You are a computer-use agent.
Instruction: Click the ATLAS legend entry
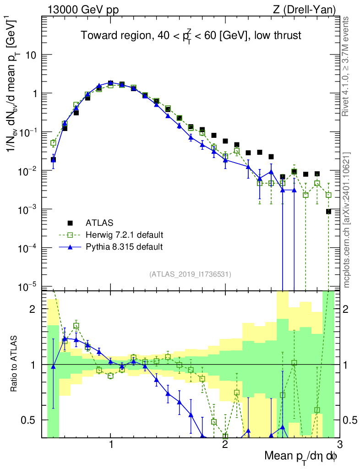click(x=98, y=223)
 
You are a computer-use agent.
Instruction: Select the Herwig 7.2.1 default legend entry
click(x=124, y=235)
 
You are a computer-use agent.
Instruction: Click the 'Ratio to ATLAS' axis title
click(x=15, y=364)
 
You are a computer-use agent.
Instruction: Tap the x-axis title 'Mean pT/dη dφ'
click(x=301, y=456)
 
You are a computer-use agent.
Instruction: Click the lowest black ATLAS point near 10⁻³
click(x=328, y=211)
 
